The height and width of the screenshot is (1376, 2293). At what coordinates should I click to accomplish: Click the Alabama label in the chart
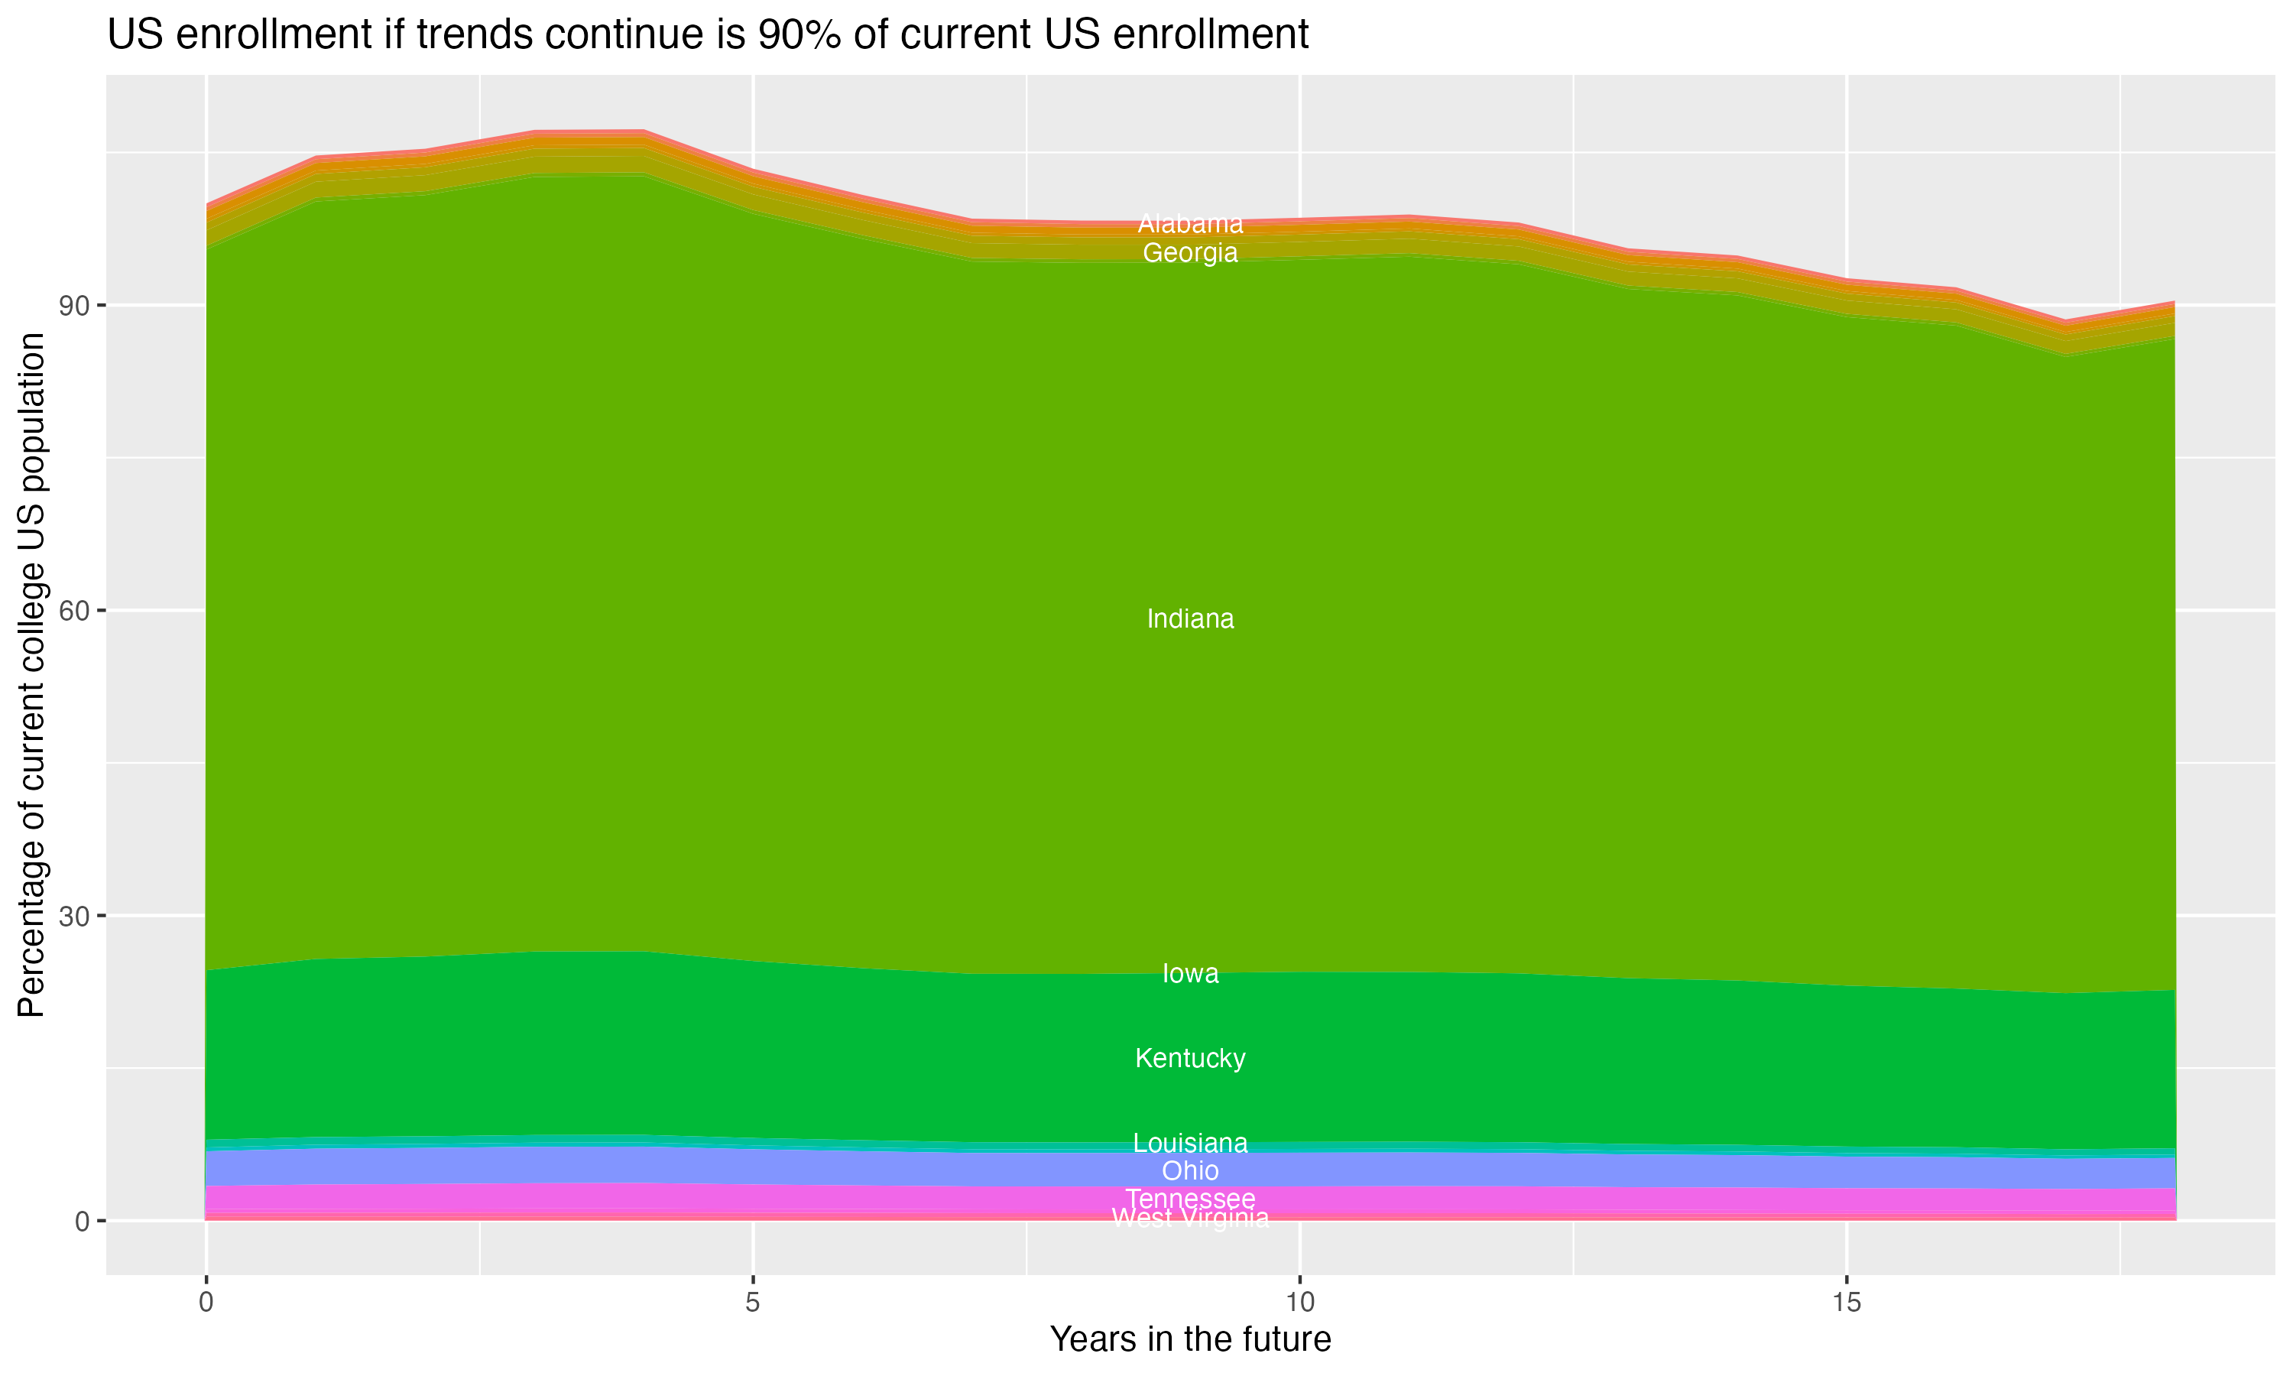[x=1190, y=223]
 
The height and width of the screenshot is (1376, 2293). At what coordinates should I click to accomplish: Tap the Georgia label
[x=1190, y=252]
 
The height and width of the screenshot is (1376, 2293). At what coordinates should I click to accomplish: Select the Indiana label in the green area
[x=1190, y=618]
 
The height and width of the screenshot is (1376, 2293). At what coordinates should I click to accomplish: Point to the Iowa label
[x=1190, y=974]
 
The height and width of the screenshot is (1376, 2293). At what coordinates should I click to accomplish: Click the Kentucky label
[x=1190, y=1058]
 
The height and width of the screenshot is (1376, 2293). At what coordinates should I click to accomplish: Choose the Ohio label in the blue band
[x=1190, y=1171]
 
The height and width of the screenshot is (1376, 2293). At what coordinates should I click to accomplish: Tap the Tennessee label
[x=1190, y=1199]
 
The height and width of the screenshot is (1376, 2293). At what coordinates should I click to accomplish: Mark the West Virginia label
[x=1190, y=1219]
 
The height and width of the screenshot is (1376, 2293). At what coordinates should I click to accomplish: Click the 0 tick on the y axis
[x=82, y=1221]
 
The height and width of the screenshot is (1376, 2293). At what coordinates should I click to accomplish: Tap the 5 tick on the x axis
[x=753, y=1303]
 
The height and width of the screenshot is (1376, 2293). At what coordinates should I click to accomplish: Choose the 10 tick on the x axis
[x=1299, y=1303]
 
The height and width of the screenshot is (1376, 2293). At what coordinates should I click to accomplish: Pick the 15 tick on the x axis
[x=1847, y=1303]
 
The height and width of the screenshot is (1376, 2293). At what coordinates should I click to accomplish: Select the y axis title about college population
[x=31, y=674]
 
